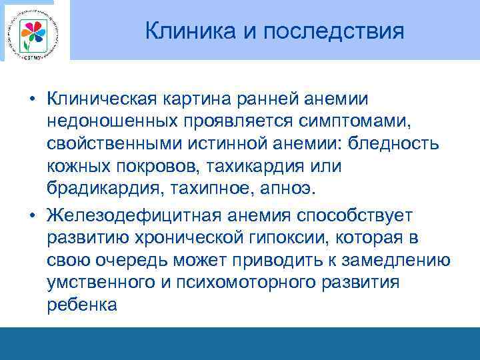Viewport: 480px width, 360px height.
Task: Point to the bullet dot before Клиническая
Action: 31,99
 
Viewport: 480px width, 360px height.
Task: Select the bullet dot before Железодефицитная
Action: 31,215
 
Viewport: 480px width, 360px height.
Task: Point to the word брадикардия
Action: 103,189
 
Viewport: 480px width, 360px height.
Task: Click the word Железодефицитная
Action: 134,215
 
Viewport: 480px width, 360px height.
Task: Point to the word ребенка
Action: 82,305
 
